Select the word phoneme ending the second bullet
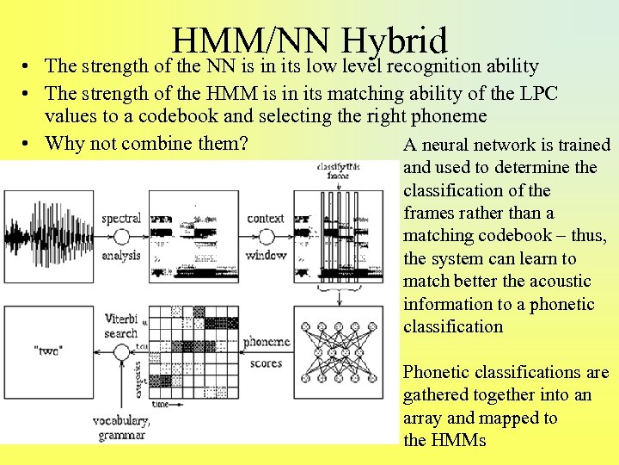tap(449, 115)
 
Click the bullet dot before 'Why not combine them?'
tap(28, 143)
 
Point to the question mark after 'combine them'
tap(243, 142)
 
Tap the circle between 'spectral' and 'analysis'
tap(121, 236)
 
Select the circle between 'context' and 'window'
tap(266, 236)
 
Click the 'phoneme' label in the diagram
tap(266, 342)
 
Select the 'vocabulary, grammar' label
tap(121, 429)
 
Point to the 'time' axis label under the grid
tap(162, 404)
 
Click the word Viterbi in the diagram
tap(120, 317)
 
